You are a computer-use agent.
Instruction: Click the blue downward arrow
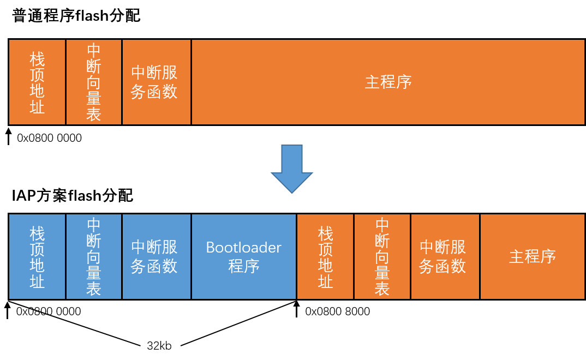click(292, 166)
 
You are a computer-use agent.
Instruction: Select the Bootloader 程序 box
click(243, 256)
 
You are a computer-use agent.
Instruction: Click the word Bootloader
click(243, 248)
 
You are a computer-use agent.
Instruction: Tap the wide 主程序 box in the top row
click(388, 82)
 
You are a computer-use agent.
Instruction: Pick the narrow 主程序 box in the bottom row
click(532, 256)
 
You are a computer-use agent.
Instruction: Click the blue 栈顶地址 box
click(37, 256)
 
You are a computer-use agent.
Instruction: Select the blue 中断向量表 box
click(94, 256)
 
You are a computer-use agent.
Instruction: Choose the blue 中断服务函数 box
click(157, 256)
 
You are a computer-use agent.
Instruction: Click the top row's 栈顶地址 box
click(37, 82)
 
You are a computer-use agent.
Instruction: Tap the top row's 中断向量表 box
click(94, 82)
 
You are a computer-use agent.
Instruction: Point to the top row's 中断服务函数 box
click(157, 82)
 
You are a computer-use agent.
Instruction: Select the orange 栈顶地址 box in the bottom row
click(325, 256)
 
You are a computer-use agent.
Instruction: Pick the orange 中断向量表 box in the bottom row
click(382, 256)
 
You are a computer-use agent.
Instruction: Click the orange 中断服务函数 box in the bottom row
click(445, 256)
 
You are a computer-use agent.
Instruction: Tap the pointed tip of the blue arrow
click(292, 191)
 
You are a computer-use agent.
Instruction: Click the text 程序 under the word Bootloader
click(243, 266)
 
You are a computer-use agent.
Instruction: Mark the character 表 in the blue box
click(94, 289)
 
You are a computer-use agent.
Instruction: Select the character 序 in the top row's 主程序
click(404, 82)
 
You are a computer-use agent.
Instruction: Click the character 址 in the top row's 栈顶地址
click(37, 107)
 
